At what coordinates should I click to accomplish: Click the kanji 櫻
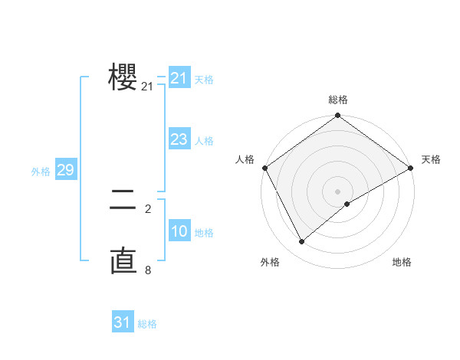pyautogui.click(x=123, y=77)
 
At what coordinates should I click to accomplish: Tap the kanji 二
pyautogui.click(x=123, y=201)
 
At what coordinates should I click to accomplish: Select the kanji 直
pyautogui.click(x=123, y=260)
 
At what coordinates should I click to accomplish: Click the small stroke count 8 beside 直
pyautogui.click(x=148, y=270)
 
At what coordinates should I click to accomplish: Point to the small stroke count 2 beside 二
pyautogui.click(x=148, y=208)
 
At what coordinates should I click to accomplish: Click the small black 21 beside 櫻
pyautogui.click(x=147, y=87)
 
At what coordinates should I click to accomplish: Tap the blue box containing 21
pyautogui.click(x=179, y=78)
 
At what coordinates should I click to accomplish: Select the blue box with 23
pyautogui.click(x=179, y=139)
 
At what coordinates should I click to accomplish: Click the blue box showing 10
pyautogui.click(x=179, y=231)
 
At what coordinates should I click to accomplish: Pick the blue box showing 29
pyautogui.click(x=65, y=170)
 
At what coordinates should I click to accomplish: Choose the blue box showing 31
pyautogui.click(x=123, y=322)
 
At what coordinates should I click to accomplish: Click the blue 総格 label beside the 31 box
pyautogui.click(x=147, y=324)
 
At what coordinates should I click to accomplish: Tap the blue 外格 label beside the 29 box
pyautogui.click(x=41, y=172)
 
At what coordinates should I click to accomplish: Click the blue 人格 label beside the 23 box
pyautogui.click(x=204, y=141)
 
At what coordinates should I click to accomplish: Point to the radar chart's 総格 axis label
pyautogui.click(x=338, y=100)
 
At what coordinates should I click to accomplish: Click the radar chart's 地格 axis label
pyautogui.click(x=402, y=263)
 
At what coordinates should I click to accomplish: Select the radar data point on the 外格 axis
pyautogui.click(x=302, y=242)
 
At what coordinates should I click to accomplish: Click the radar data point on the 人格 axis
pyautogui.click(x=264, y=168)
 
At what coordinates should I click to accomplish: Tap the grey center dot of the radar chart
pyautogui.click(x=338, y=191)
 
